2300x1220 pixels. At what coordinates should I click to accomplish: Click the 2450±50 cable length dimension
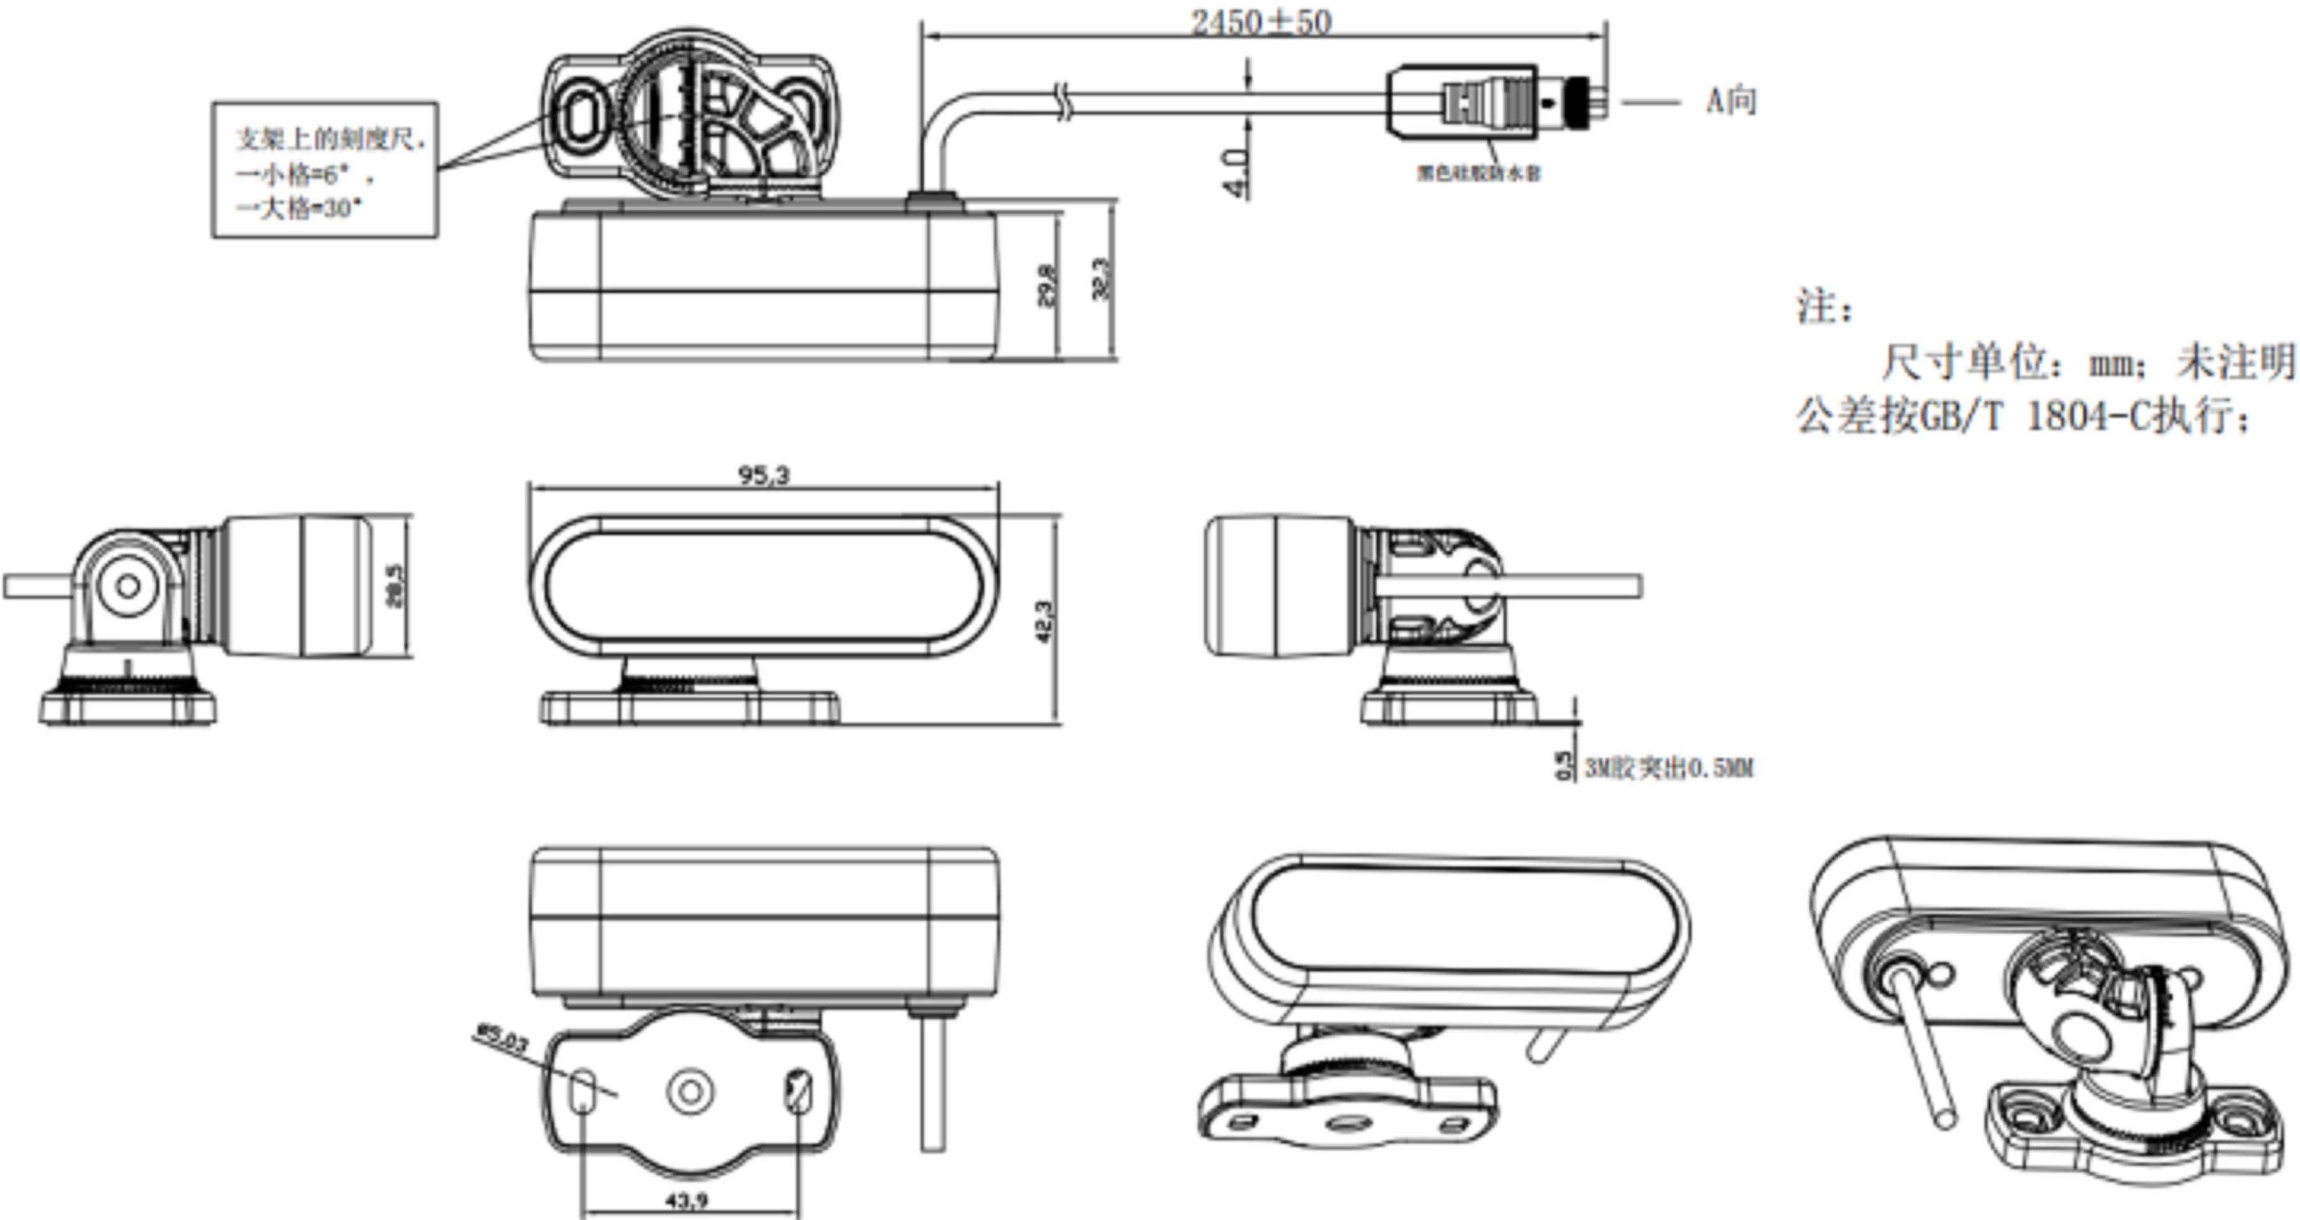point(1261,22)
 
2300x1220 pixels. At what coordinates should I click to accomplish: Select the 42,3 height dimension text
point(1045,621)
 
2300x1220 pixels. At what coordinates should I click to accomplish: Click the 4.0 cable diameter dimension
point(1235,173)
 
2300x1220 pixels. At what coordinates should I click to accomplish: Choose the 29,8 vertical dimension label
point(1046,284)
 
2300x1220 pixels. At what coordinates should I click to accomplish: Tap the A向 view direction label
point(1731,100)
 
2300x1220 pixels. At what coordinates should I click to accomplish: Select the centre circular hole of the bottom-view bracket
point(690,1091)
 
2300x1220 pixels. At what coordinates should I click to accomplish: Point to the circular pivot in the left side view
point(127,586)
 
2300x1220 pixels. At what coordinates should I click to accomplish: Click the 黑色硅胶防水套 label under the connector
point(1479,173)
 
